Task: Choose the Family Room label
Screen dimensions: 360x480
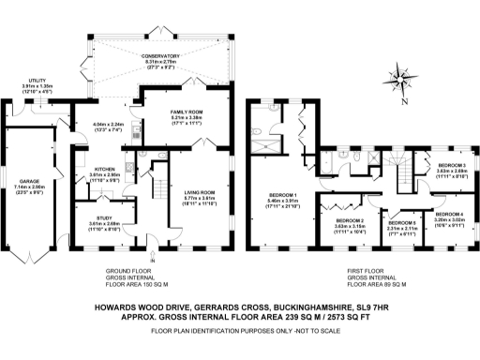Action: [185, 112]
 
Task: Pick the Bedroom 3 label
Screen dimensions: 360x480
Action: [449, 164]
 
